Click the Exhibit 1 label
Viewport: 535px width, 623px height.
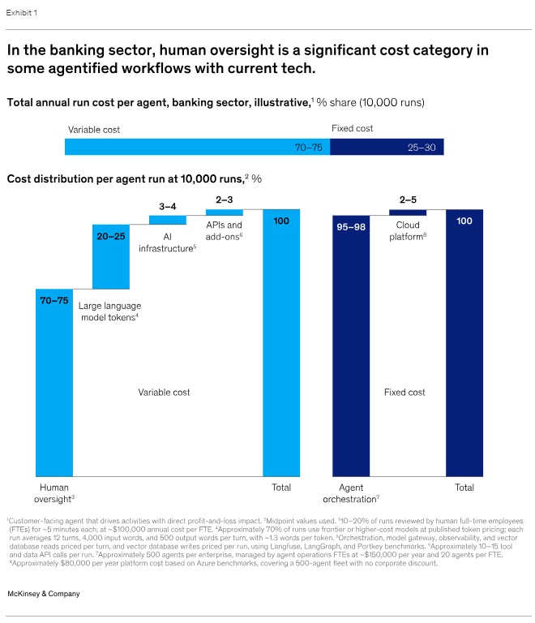[21, 13]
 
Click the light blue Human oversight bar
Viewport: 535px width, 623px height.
[54, 383]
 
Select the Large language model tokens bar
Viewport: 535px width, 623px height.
[111, 256]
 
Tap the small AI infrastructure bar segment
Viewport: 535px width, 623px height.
[168, 220]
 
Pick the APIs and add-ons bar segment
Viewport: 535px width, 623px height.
[225, 213]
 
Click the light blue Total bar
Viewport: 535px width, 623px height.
[281, 343]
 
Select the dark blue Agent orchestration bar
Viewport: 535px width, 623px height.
[351, 346]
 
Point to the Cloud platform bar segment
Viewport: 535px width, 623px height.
[408, 213]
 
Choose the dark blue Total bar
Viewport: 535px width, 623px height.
[464, 343]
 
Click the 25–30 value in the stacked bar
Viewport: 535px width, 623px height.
[422, 148]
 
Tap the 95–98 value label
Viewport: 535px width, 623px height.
[351, 227]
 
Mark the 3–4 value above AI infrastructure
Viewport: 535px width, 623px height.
[168, 207]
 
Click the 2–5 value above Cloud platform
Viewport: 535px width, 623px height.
[408, 200]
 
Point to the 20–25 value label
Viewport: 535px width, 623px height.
[111, 236]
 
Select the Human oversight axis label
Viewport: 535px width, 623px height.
[54, 493]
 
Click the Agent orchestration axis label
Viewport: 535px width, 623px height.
[351, 493]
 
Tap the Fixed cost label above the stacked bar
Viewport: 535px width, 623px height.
[352, 128]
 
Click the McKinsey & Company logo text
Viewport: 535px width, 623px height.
[44, 594]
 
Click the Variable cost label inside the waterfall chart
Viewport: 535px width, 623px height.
[164, 392]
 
